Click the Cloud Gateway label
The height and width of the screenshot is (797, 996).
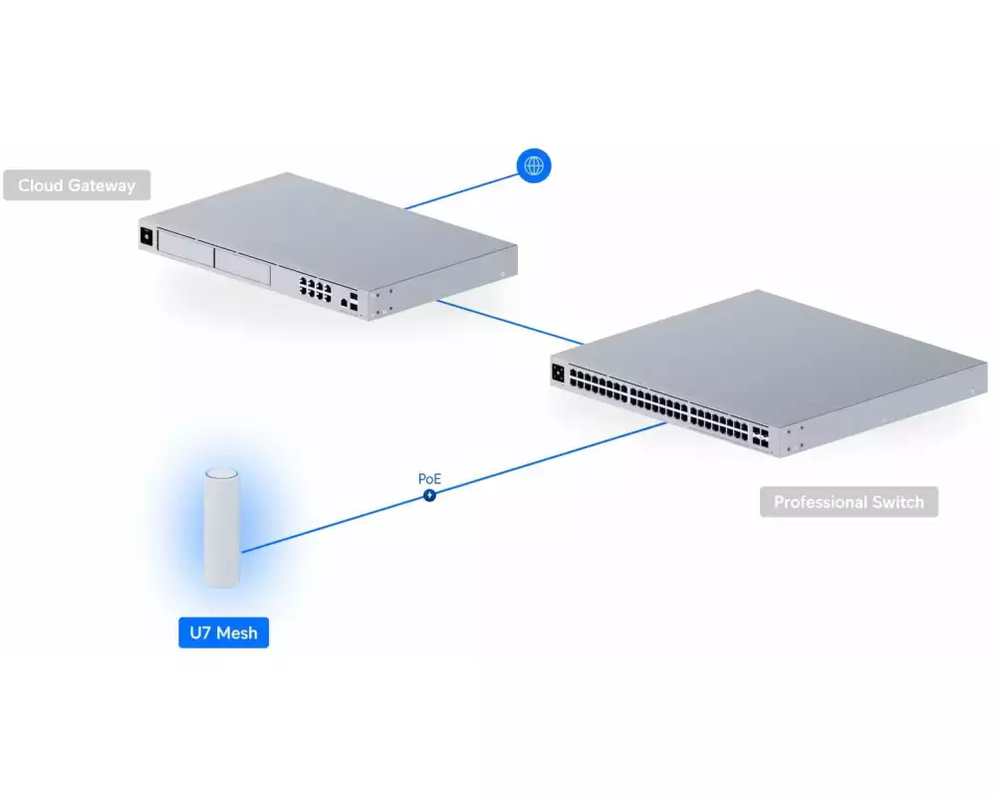77,185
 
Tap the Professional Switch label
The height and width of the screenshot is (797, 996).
849,501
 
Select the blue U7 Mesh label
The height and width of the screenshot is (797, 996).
223,633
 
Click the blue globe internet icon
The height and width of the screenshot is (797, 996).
534,165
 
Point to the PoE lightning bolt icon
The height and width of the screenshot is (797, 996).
430,494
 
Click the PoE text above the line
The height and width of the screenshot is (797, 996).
429,478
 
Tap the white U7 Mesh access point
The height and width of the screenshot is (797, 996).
222,528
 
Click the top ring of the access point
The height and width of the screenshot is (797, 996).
222,473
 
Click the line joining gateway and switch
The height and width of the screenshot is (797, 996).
510,322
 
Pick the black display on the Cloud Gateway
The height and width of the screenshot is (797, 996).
146,236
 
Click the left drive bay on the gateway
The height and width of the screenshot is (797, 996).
185,248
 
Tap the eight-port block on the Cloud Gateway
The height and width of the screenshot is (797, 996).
316,289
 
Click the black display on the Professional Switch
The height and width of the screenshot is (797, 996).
559,373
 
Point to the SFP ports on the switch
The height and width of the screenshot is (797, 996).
760,437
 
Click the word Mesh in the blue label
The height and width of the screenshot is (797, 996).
237,633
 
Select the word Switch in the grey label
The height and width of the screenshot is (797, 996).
897,502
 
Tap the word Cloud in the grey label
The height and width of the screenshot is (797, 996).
41,185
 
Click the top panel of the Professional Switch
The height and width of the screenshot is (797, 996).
769,356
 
